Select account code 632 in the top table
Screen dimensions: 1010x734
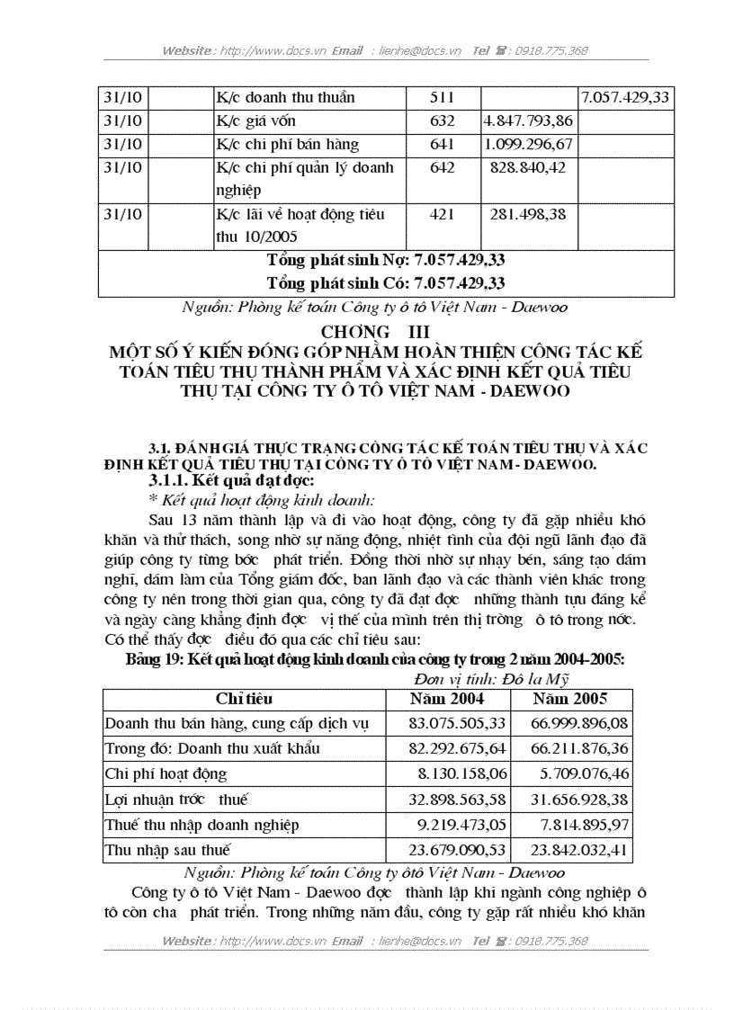point(443,121)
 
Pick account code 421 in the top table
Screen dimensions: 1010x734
point(443,214)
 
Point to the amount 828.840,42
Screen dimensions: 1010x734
point(531,167)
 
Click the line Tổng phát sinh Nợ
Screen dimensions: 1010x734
point(386,260)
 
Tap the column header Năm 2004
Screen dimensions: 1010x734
point(447,699)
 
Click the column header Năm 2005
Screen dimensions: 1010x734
point(568,699)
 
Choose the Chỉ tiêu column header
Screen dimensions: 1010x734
point(244,699)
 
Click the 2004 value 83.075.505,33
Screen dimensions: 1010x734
point(446,723)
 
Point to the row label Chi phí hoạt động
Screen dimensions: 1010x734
point(166,773)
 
